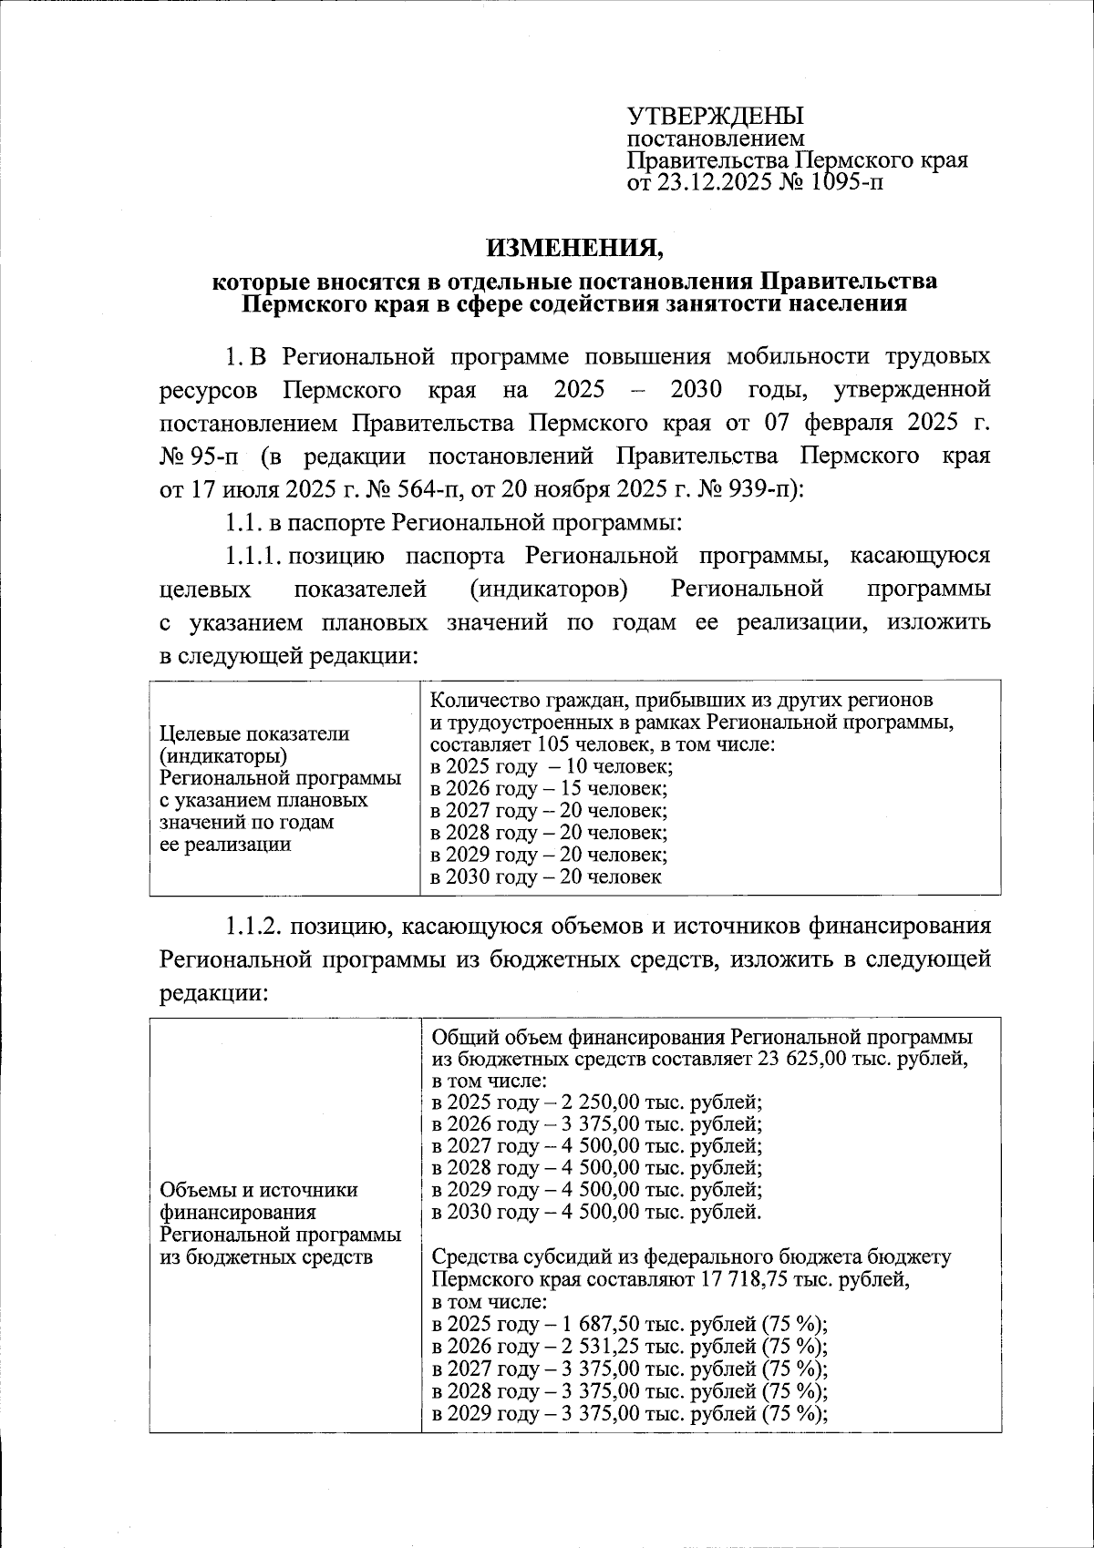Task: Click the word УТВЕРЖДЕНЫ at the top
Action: click(x=715, y=116)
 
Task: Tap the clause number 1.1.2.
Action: click(x=257, y=927)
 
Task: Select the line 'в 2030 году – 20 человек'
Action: click(x=545, y=877)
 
